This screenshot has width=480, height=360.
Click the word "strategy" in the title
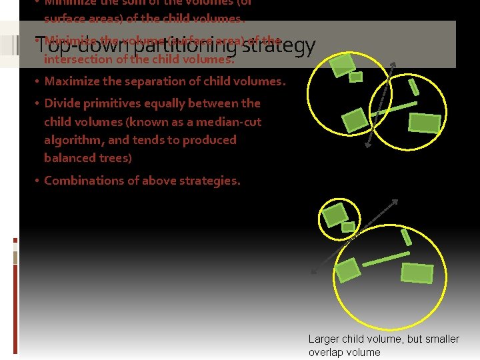(x=278, y=46)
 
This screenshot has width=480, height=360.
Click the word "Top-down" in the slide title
(x=65, y=46)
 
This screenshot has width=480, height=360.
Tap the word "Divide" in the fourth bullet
(x=60, y=103)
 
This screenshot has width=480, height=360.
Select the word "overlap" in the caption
(x=326, y=352)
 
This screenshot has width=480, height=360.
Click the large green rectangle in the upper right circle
(x=425, y=123)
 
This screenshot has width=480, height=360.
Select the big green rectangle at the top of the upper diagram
(x=343, y=65)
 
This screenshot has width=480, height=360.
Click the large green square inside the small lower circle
(x=334, y=215)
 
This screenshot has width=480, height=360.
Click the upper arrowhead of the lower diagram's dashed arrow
(x=396, y=202)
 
